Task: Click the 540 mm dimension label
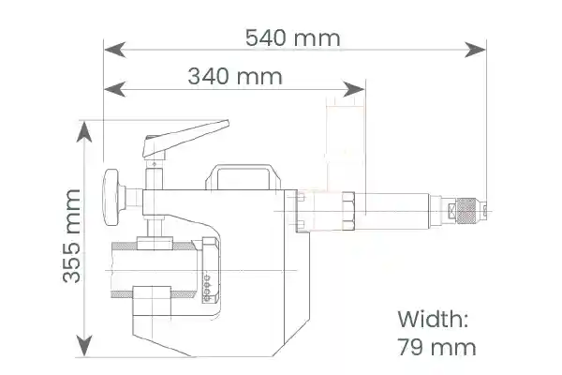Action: point(293,38)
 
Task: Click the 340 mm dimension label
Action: point(235,77)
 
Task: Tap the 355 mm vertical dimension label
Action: point(72,236)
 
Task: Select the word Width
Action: point(433,319)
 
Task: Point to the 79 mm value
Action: point(436,347)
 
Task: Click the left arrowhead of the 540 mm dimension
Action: point(114,50)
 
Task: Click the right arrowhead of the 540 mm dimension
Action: point(475,50)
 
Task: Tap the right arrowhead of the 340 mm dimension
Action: point(354,89)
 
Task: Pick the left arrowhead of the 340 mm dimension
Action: point(114,89)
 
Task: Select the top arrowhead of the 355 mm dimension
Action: point(84,132)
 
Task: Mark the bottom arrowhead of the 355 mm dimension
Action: point(84,346)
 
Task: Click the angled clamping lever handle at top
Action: point(185,139)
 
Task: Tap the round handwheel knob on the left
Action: point(111,197)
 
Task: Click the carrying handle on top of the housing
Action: point(244,176)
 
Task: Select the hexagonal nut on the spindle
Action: point(348,211)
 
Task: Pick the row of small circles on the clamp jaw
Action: point(206,288)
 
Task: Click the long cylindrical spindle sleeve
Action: point(392,211)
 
